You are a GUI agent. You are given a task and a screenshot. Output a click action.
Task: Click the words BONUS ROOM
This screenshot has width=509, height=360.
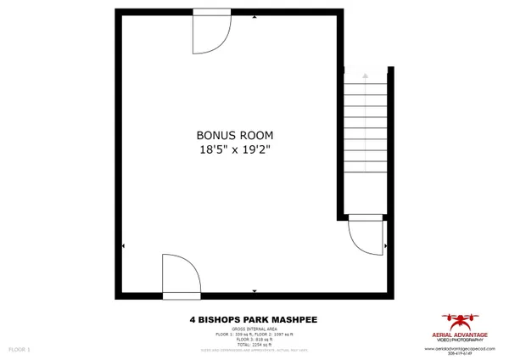pyautogui.click(x=235, y=135)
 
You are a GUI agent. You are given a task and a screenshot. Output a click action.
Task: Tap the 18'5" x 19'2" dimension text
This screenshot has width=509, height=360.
pyautogui.click(x=235, y=149)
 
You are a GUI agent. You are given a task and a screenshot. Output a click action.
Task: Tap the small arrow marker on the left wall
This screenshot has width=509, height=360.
pyautogui.click(x=124, y=246)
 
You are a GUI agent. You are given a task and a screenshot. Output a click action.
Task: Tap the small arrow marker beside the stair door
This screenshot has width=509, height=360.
pyautogui.click(x=386, y=246)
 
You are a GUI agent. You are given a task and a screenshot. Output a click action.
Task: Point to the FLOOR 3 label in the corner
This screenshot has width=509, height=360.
pyautogui.click(x=20, y=349)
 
